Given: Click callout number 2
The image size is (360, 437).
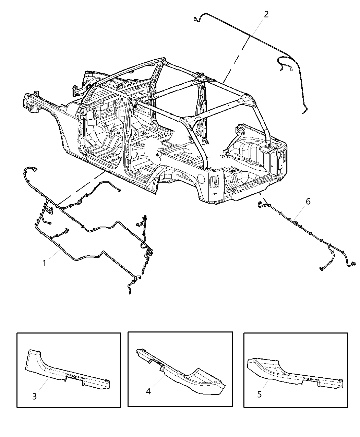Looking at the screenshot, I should [x=266, y=14].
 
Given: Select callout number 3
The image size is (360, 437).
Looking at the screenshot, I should [x=34, y=396].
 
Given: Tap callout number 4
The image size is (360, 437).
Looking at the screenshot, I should [x=148, y=391].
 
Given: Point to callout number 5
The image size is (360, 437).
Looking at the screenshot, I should [x=259, y=394].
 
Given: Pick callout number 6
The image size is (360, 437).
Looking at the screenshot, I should [x=308, y=202].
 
